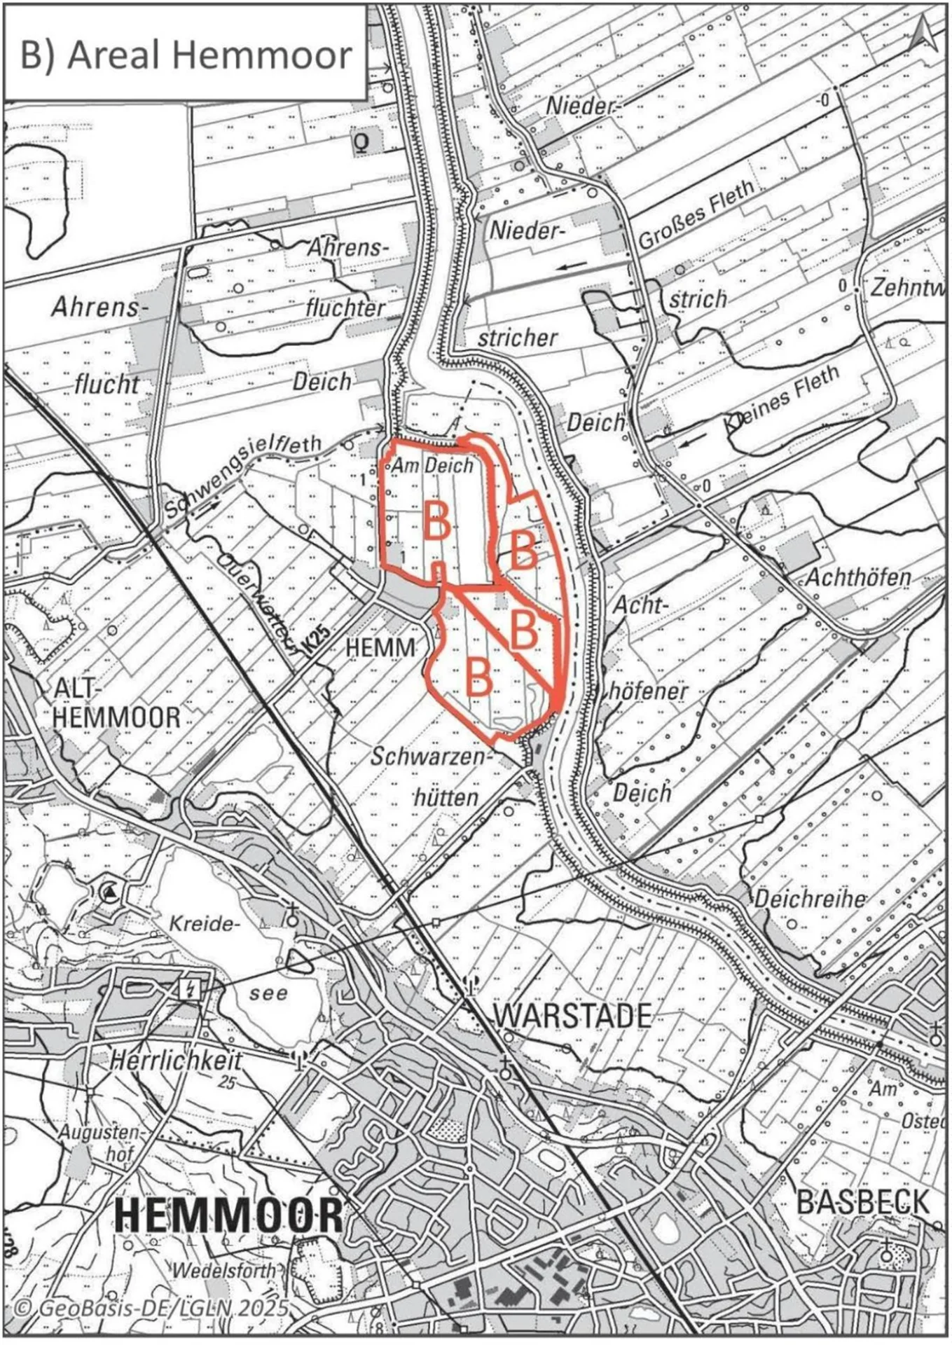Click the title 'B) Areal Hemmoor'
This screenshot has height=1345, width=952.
point(186,55)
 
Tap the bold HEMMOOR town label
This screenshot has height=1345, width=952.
point(229,1215)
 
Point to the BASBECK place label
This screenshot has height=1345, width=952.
point(862,1202)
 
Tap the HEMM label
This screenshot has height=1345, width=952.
point(380,647)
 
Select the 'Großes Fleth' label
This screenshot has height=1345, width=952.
point(696,215)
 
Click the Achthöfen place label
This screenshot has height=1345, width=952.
point(858,577)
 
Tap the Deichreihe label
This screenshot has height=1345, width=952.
point(809,898)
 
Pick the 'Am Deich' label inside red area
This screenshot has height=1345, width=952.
point(432,465)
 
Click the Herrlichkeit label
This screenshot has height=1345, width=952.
point(176,1060)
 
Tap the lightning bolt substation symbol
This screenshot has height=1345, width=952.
point(190,989)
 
